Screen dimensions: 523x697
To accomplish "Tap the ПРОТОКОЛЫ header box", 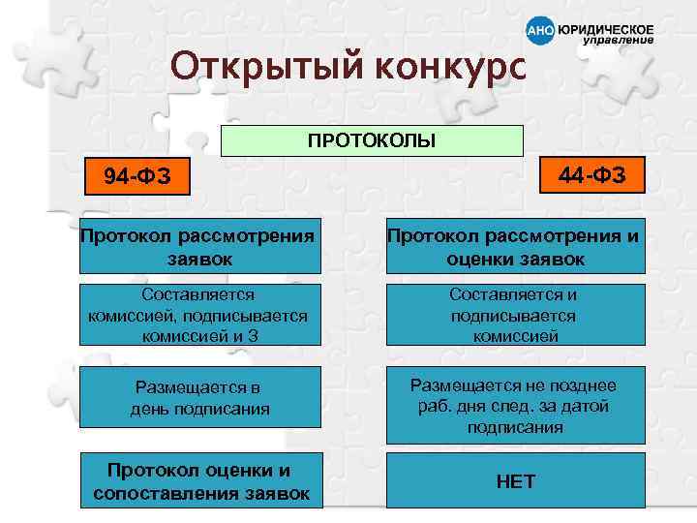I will [373, 140].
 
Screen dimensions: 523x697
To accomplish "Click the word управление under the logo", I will [618, 42].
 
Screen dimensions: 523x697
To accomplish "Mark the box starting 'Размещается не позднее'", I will [515, 405].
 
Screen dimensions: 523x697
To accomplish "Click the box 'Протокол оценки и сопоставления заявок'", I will [200, 481].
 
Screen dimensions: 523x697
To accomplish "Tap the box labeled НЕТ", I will [515, 481].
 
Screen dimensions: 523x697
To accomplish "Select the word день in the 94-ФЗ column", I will [151, 409].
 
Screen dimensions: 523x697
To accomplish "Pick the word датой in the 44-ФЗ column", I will [586, 406].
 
